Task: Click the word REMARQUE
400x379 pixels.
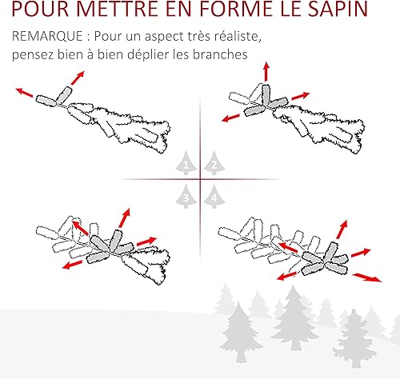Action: pos(47,37)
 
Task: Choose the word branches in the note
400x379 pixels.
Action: pos(220,54)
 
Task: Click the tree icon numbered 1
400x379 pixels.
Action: pos(186,163)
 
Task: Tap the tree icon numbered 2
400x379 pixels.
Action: pos(214,163)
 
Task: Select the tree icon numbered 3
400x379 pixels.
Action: pos(186,197)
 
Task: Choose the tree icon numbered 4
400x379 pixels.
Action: pos(214,197)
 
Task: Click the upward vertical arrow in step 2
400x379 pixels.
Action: pos(266,71)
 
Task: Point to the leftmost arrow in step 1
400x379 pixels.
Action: pos(25,93)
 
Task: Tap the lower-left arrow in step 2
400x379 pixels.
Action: pos(230,118)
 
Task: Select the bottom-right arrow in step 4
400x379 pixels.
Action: pos(367,277)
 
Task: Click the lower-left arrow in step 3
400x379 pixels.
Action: pos(72,265)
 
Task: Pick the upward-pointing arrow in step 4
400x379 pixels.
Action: pos(342,229)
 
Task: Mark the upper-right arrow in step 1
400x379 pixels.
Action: pos(78,78)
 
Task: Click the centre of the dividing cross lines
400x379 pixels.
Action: pos(200,179)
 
